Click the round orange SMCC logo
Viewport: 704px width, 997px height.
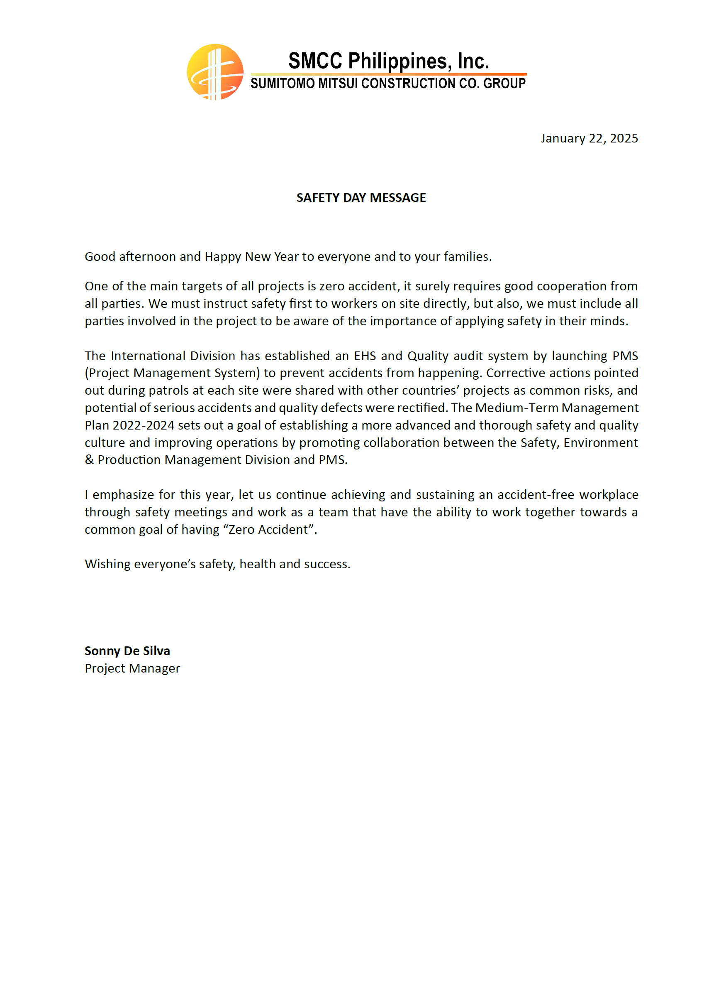point(215,72)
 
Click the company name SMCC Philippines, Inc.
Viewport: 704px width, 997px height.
point(388,61)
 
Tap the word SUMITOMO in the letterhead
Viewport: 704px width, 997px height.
point(283,83)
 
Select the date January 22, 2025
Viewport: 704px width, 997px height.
point(589,138)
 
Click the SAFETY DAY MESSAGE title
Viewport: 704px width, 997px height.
point(361,198)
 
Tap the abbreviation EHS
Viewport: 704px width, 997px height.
point(365,356)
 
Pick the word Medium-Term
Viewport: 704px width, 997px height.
point(516,408)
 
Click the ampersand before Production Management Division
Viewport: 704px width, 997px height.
point(89,460)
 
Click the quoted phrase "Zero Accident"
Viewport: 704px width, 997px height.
point(268,529)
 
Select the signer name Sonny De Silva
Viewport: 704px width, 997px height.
point(127,651)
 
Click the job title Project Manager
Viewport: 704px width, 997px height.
point(132,668)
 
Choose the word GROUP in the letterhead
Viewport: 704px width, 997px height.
point(504,83)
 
